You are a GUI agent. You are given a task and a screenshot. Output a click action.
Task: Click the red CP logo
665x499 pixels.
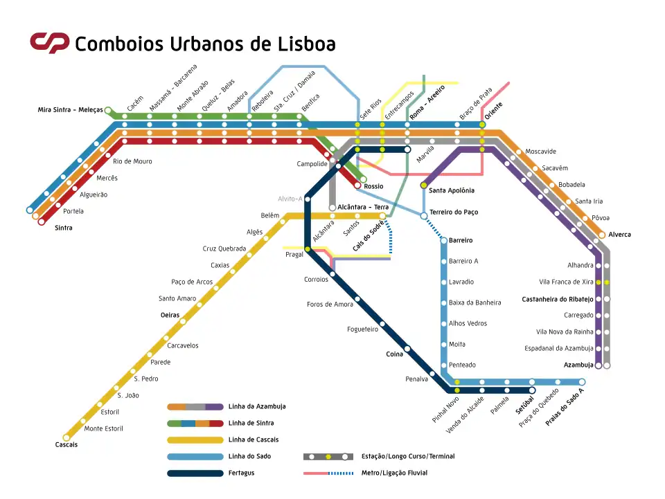click(x=49, y=43)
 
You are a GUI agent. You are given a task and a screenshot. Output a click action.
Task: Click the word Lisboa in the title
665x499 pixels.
click(x=302, y=44)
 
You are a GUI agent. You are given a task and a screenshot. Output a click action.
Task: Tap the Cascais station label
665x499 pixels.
click(x=66, y=444)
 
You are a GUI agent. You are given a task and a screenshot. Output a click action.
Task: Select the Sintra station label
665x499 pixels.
click(x=63, y=227)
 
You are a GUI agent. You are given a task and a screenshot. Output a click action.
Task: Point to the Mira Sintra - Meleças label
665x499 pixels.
click(x=70, y=110)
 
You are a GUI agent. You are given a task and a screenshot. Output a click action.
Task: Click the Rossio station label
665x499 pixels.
click(x=373, y=186)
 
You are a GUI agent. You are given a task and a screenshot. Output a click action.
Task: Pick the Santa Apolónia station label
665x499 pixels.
click(x=452, y=190)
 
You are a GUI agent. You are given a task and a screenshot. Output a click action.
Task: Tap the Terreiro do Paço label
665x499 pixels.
click(x=454, y=212)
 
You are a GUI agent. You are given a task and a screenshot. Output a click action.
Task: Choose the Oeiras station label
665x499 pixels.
click(x=170, y=315)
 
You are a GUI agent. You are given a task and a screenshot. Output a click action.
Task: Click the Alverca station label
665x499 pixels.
click(x=620, y=235)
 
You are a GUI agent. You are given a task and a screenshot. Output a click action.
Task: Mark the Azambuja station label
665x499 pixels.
click(x=578, y=365)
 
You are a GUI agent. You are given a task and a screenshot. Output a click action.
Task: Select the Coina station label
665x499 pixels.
click(x=395, y=354)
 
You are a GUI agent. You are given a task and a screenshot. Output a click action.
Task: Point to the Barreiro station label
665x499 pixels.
click(x=461, y=240)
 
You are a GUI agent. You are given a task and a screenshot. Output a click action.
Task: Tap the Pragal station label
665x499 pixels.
click(x=294, y=255)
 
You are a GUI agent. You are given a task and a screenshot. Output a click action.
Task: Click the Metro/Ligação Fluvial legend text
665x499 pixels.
click(x=394, y=473)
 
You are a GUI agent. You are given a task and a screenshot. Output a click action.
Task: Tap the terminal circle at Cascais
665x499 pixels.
click(x=66, y=437)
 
